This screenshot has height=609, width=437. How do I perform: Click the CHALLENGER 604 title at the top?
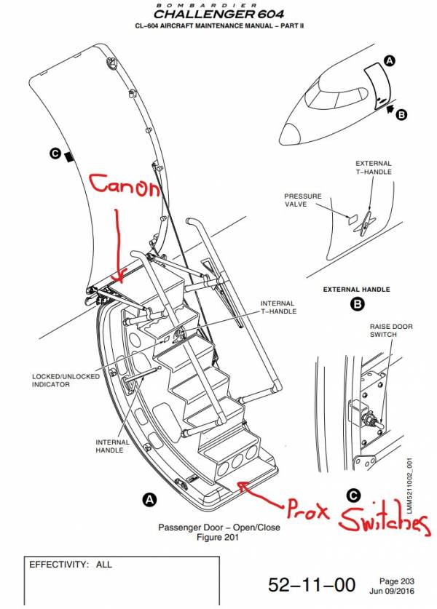click(219, 14)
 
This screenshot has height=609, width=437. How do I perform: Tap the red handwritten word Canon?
click(125, 188)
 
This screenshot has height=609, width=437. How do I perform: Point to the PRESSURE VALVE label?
click(302, 201)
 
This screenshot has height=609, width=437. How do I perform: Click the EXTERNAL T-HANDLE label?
click(373, 168)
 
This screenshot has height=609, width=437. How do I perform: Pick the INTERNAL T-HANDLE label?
click(278, 308)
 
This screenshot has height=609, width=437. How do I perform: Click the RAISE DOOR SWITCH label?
click(390, 331)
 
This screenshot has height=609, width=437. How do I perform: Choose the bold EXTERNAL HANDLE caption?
click(356, 290)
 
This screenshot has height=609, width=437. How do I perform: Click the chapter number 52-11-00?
click(312, 584)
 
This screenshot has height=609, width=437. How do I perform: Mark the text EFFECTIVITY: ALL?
click(71, 565)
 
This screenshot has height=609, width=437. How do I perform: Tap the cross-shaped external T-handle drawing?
click(361, 223)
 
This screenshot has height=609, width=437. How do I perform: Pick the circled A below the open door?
click(149, 500)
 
